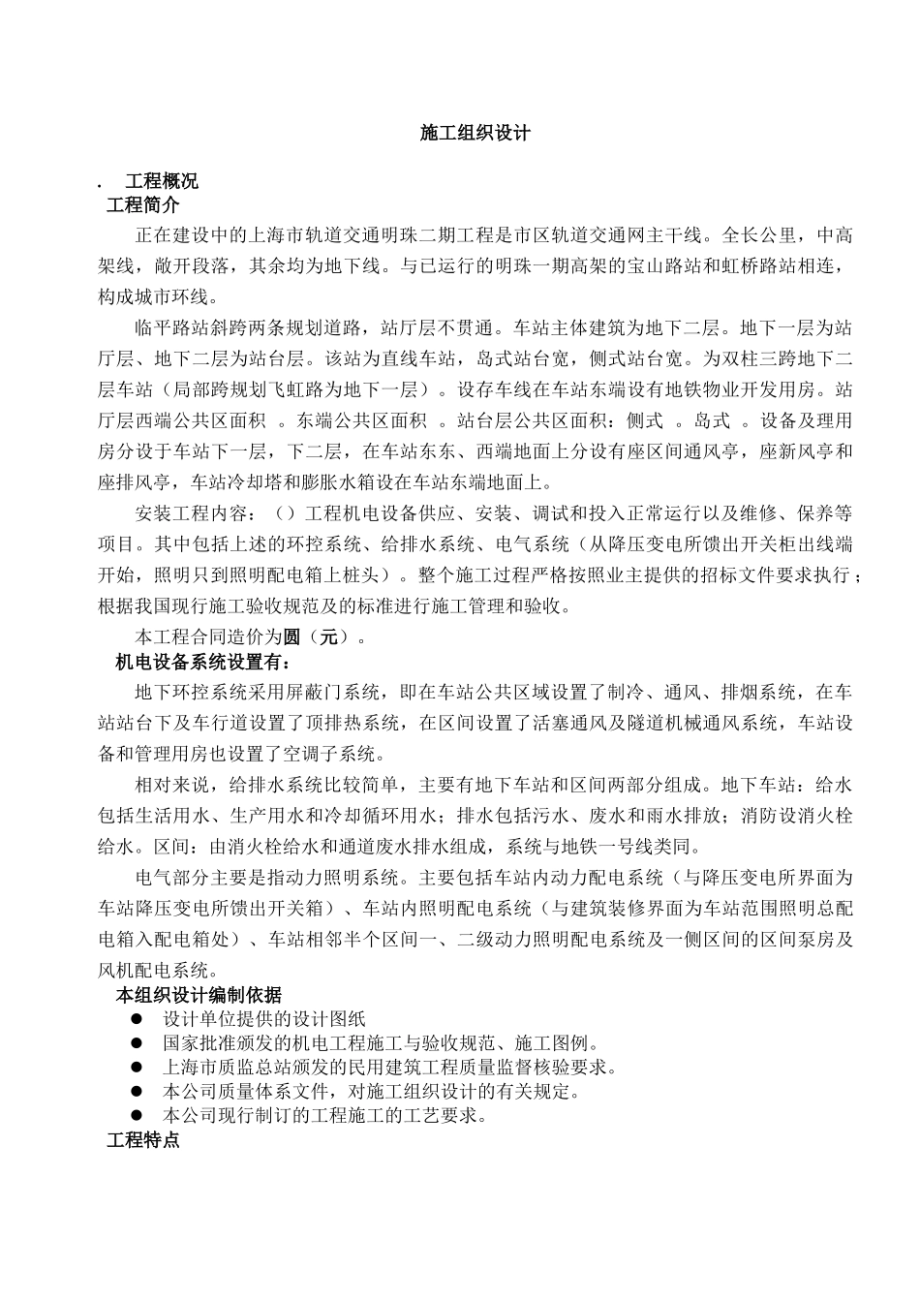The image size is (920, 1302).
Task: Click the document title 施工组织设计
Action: (475, 134)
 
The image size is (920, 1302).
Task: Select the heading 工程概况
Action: (162, 181)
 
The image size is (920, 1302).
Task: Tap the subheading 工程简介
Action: (142, 205)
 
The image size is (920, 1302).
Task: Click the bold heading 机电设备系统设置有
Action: (202, 663)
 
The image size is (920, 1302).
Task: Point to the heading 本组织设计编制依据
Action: (199, 995)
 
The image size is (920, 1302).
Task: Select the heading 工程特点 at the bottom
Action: (142, 1140)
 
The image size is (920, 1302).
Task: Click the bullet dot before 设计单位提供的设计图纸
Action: (138, 1019)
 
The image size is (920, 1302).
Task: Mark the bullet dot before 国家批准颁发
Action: (138, 1043)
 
